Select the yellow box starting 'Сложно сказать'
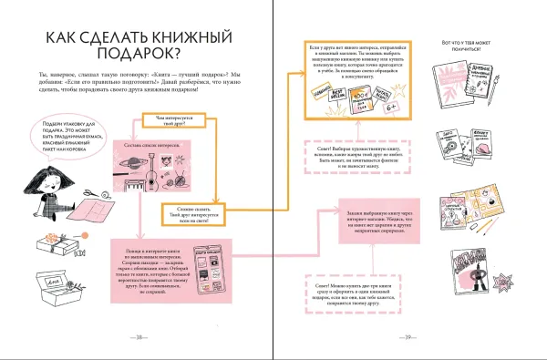[x=190, y=212]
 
